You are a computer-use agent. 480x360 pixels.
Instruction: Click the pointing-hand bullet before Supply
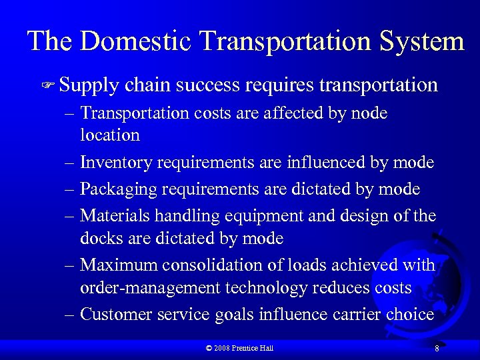[48, 86]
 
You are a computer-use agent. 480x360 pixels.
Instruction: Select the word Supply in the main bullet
[89, 86]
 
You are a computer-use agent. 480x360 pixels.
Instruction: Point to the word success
[207, 85]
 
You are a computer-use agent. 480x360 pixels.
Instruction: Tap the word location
[110, 135]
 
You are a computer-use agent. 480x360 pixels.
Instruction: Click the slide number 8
[436, 349]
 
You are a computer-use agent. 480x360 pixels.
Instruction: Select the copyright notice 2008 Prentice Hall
[240, 348]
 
